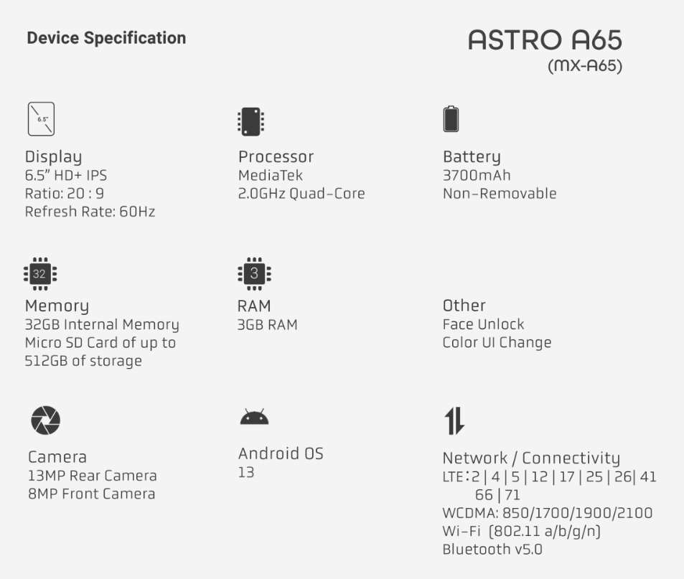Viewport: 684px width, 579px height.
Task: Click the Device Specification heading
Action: pyautogui.click(x=106, y=39)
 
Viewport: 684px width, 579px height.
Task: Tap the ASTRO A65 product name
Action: pyautogui.click(x=545, y=41)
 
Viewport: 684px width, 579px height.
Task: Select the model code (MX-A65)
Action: pyautogui.click(x=584, y=67)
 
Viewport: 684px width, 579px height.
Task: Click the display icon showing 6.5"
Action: pyautogui.click(x=41, y=119)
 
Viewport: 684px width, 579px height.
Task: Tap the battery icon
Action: pyautogui.click(x=451, y=118)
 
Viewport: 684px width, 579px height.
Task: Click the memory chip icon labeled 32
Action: pyautogui.click(x=39, y=273)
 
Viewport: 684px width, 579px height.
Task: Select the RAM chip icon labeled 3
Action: pyautogui.click(x=253, y=273)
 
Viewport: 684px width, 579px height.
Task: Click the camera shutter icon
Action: pyautogui.click(x=45, y=421)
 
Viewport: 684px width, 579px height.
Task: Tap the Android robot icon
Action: pyautogui.click(x=254, y=417)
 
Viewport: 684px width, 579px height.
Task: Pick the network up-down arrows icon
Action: pyautogui.click(x=454, y=421)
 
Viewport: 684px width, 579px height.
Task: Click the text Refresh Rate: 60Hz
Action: pyautogui.click(x=90, y=212)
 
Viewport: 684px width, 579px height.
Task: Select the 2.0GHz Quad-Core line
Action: pyautogui.click(x=301, y=194)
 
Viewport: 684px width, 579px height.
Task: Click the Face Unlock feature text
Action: pyautogui.click(x=483, y=324)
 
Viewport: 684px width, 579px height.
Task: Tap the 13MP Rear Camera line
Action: pyautogui.click(x=92, y=476)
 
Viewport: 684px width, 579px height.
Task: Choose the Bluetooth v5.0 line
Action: pyautogui.click(x=493, y=550)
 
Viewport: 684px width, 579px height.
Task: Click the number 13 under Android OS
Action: pyautogui.click(x=246, y=472)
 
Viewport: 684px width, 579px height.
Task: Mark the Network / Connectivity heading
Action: pyautogui.click(x=530, y=458)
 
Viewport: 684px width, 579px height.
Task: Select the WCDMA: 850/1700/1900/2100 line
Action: pyautogui.click(x=547, y=514)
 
